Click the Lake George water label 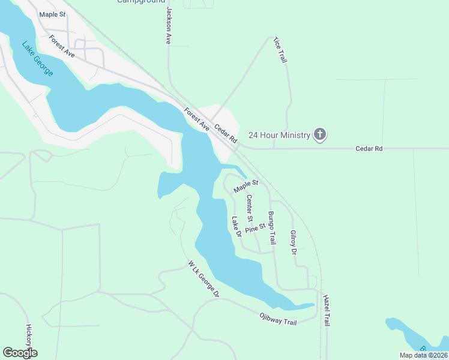point(38,58)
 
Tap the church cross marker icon point(321,135)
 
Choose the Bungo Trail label point(271,227)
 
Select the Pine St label point(255,227)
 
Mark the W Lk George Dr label point(203,279)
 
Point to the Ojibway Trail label point(278,318)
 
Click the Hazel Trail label point(326,311)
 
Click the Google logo point(20,353)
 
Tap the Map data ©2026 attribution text point(423,355)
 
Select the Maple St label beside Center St point(246,187)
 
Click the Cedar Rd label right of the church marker point(369,148)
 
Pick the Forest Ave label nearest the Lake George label point(62,46)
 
